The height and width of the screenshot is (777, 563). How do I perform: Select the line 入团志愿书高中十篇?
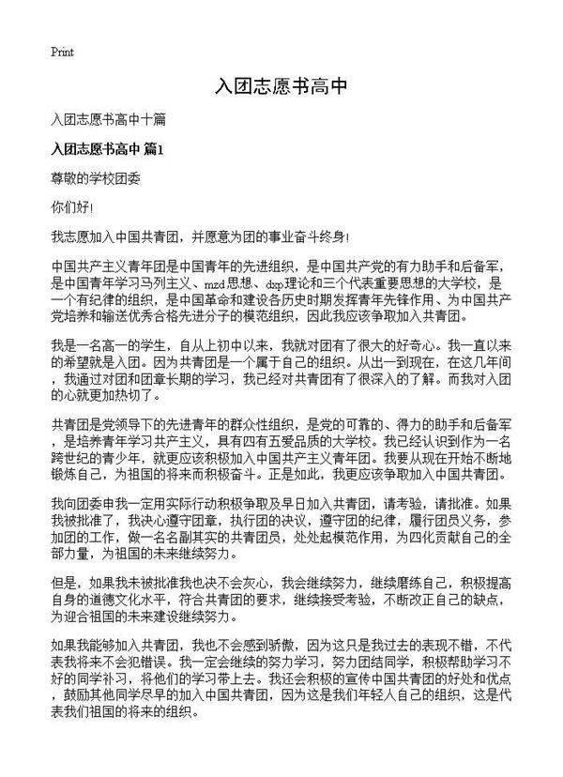(x=110, y=121)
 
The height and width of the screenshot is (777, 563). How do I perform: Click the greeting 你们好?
(x=72, y=204)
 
